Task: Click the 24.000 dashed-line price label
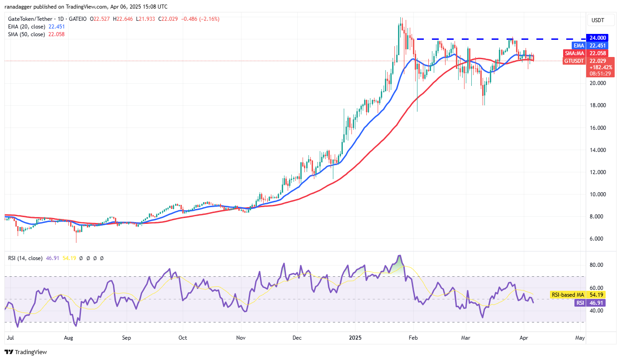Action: [597, 38]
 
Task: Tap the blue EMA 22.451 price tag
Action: [597, 45]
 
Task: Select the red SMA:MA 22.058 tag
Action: [597, 53]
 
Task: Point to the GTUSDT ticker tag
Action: [574, 61]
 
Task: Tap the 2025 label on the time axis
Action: [355, 337]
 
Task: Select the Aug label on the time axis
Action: [69, 337]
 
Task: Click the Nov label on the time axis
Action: [241, 337]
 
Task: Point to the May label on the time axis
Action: [580, 337]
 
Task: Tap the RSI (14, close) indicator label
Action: [25, 258]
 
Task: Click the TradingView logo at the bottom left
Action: [26, 352]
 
